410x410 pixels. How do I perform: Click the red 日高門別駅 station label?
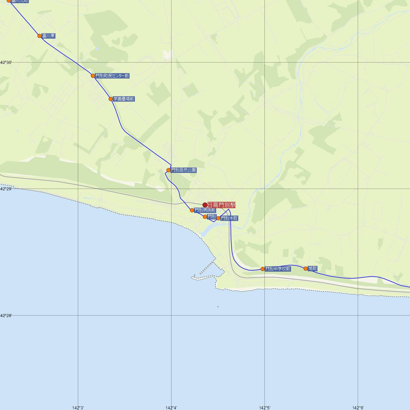221,205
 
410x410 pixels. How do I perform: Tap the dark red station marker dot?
205,205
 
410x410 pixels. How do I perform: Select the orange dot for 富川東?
40,36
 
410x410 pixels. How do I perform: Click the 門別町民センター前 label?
112,76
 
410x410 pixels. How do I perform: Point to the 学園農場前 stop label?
124,99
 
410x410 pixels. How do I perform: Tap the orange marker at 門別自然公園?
168,170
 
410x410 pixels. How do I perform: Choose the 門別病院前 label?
205,210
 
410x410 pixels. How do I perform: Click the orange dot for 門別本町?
218,218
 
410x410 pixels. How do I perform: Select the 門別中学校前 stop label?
278,269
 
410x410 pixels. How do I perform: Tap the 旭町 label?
313,269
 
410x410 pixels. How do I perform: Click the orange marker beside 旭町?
306,269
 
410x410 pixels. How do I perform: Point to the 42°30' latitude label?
6,63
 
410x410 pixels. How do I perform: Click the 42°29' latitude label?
6,189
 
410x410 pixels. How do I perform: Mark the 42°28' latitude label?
6,316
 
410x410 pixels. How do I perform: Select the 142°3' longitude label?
78,408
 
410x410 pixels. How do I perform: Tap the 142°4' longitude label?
171,408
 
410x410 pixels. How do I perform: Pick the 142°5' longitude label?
265,408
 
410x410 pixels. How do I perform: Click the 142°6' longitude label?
358,408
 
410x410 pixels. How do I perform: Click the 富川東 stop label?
49,36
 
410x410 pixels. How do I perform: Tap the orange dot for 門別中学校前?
263,269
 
